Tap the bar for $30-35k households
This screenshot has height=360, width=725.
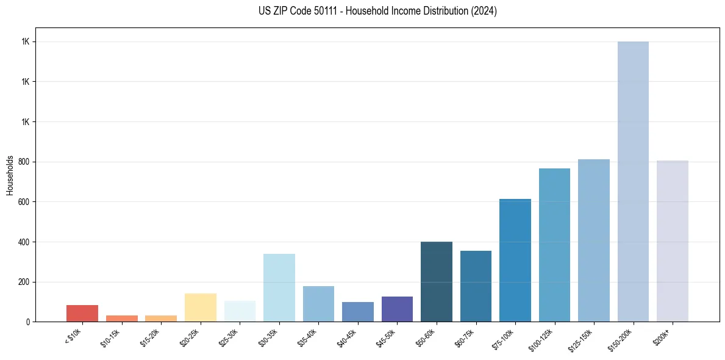[x=279, y=287]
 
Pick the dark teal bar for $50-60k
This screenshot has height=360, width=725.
[x=437, y=282]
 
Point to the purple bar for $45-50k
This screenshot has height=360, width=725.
[x=397, y=309]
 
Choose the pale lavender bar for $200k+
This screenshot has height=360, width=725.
[x=673, y=241]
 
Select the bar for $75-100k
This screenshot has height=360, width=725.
[x=515, y=261]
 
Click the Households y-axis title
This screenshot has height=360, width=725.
[x=10, y=175]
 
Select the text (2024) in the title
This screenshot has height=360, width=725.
[x=484, y=11]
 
